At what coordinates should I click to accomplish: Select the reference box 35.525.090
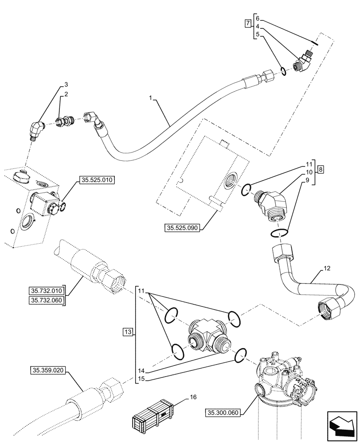[x=183, y=228]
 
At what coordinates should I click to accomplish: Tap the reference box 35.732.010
[x=47, y=291]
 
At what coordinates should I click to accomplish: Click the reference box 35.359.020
[x=48, y=369]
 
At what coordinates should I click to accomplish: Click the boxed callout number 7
[x=247, y=23]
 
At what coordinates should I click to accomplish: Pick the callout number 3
[x=66, y=84]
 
